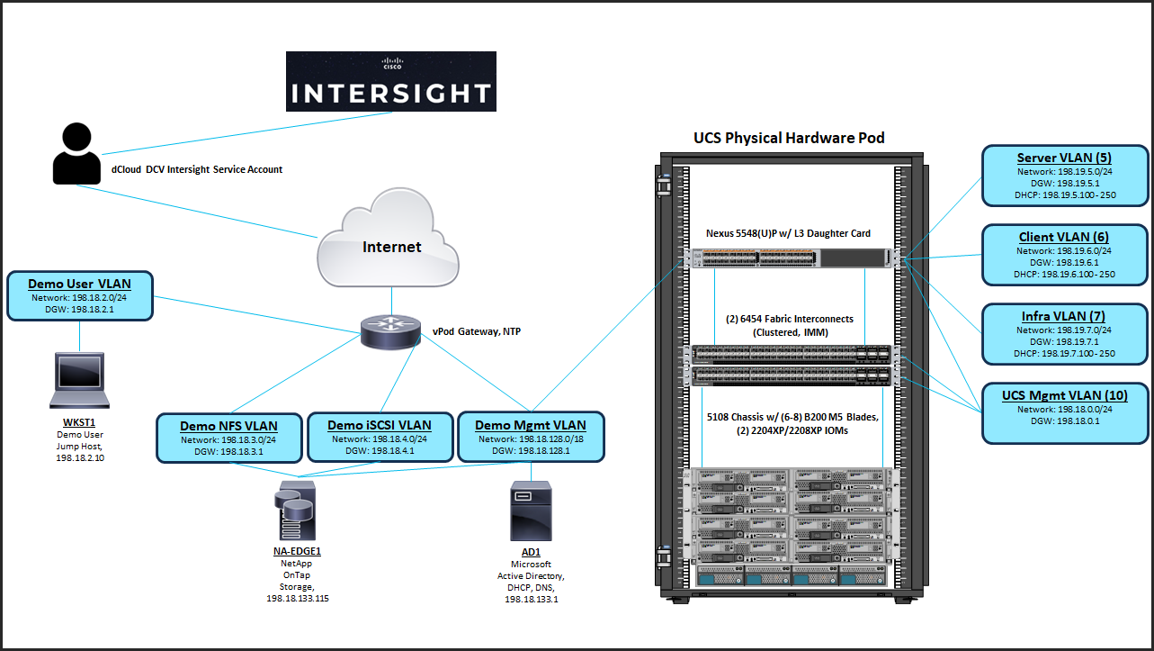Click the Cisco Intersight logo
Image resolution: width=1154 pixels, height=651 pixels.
click(x=390, y=81)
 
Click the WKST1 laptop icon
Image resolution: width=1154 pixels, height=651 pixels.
click(x=80, y=380)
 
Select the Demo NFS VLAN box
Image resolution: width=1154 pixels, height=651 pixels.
click(x=228, y=438)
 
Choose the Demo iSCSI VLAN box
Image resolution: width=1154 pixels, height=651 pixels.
click(x=379, y=438)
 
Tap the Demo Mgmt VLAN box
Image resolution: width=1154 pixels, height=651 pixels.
click(x=532, y=438)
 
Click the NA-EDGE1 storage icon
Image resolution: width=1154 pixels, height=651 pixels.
click(x=297, y=510)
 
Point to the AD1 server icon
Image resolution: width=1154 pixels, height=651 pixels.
click(x=532, y=510)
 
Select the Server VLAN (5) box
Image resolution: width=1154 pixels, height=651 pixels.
click(x=1066, y=175)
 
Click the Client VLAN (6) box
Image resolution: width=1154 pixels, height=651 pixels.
click(x=1066, y=254)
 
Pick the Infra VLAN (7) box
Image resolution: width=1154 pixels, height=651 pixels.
click(x=1066, y=333)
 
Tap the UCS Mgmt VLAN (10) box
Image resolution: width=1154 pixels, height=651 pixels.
click(x=1066, y=413)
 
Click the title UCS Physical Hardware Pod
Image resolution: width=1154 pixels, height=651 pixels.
click(x=789, y=138)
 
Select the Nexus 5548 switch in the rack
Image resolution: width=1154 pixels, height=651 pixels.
click(x=789, y=258)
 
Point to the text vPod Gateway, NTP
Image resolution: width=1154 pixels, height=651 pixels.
click(x=476, y=331)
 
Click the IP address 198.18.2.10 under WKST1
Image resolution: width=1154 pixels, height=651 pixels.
click(x=80, y=457)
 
